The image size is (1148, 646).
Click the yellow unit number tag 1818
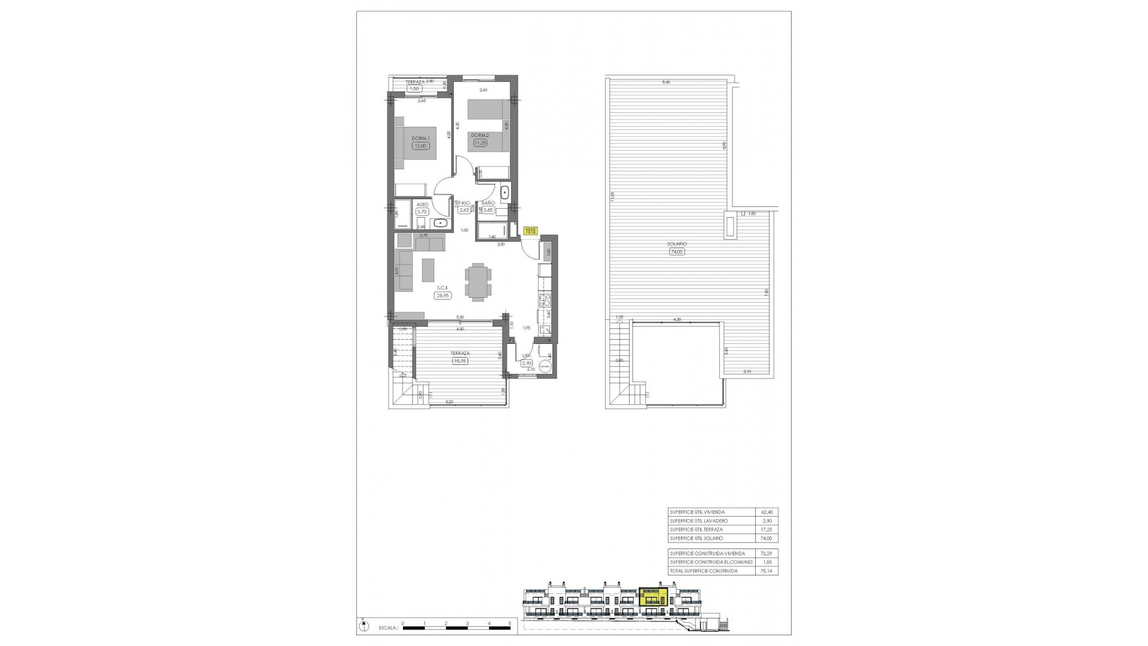click(x=530, y=230)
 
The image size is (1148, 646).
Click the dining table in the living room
click(x=478, y=281)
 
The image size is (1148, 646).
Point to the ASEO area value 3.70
click(x=422, y=211)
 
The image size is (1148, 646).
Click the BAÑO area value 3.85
click(x=488, y=210)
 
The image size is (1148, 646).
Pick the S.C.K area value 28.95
click(x=442, y=295)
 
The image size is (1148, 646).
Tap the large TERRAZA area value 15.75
click(x=460, y=361)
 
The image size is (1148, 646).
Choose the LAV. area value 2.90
click(x=527, y=362)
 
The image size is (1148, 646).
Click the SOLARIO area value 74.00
click(x=677, y=252)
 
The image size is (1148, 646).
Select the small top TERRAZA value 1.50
click(x=414, y=89)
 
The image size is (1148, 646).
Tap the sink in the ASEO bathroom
click(x=441, y=223)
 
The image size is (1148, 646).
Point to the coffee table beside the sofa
click(x=429, y=269)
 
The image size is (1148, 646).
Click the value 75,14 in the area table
click(x=766, y=571)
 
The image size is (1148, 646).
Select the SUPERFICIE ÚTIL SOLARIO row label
click(x=696, y=538)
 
